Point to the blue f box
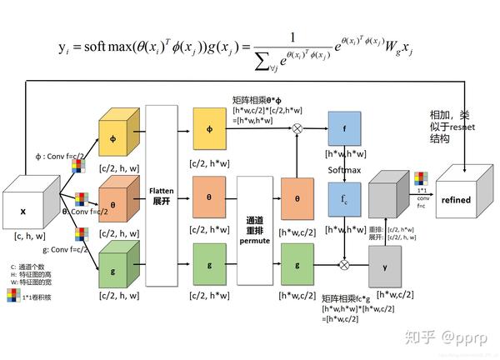(344, 130)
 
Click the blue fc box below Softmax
(344, 200)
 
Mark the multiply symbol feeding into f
(297, 130)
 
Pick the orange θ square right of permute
(297, 200)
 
